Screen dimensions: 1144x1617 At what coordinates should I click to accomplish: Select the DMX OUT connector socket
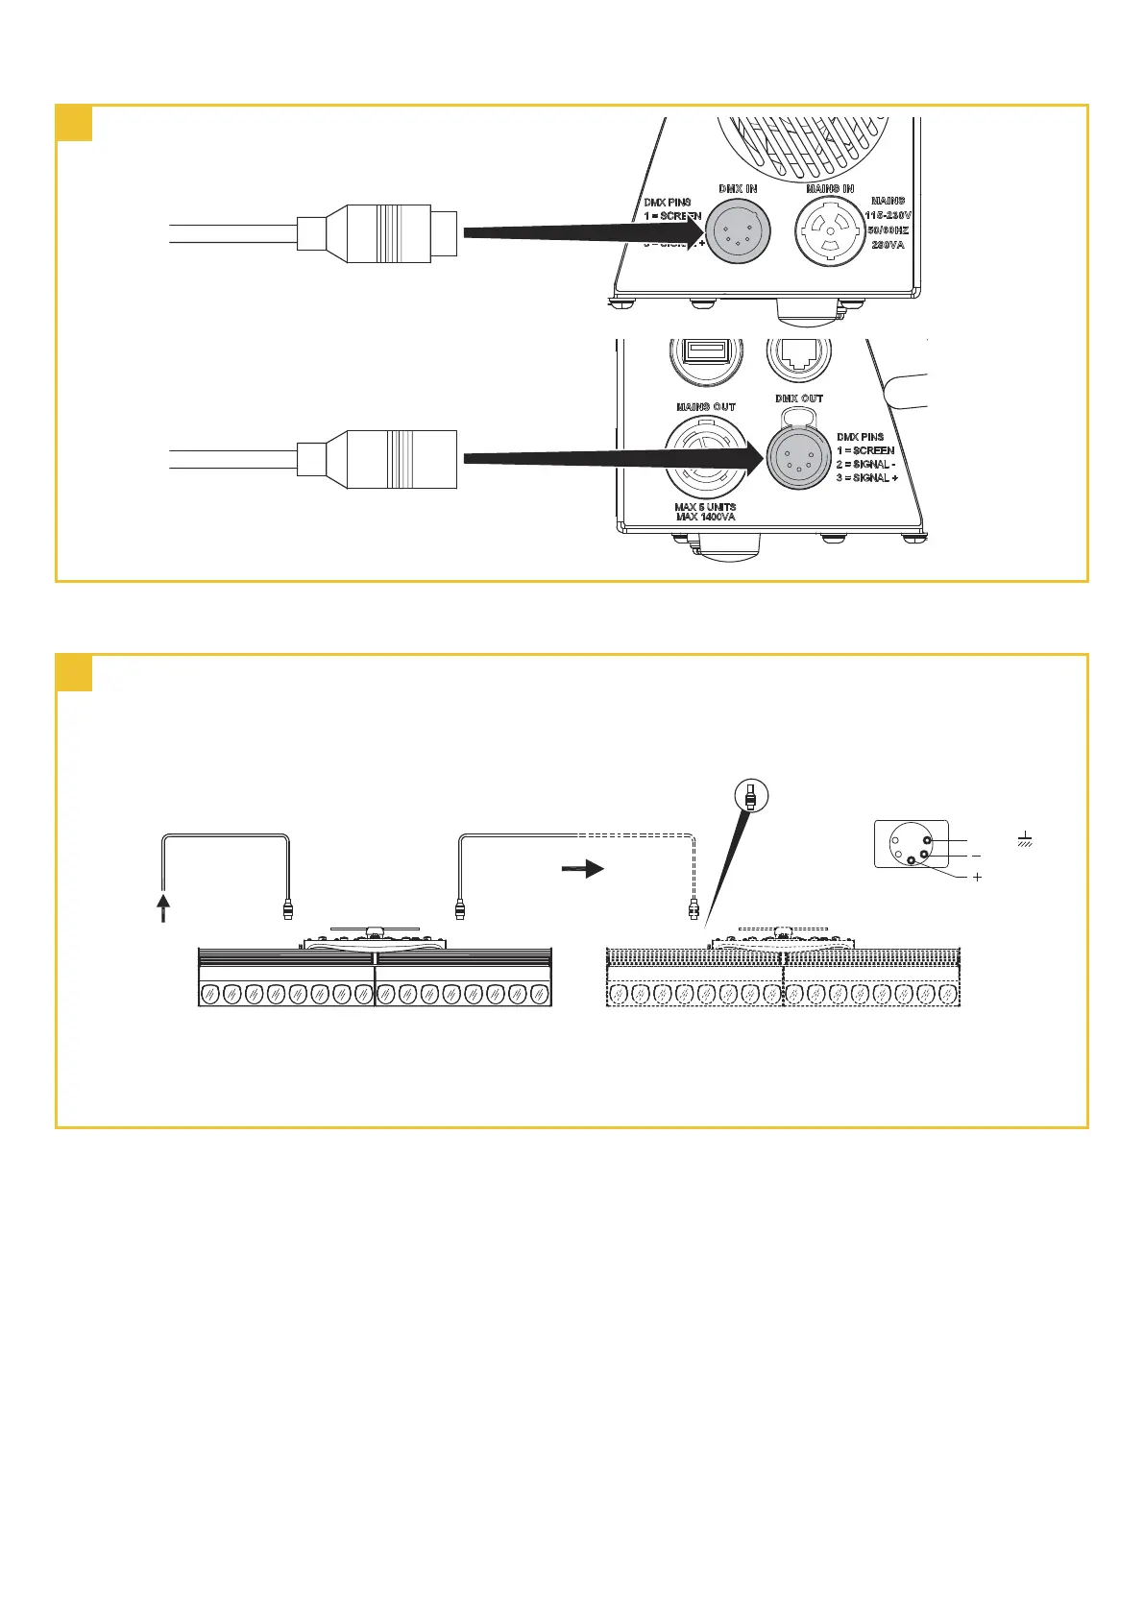[x=797, y=458]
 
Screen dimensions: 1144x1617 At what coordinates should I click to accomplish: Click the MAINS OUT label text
[x=705, y=407]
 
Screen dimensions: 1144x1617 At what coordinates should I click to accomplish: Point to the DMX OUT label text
[x=799, y=398]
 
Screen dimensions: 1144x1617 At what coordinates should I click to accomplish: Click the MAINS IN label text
[x=830, y=189]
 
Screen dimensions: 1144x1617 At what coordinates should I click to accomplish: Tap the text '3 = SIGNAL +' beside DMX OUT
[x=866, y=477]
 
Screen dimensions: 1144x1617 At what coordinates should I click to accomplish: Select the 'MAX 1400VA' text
[x=705, y=518]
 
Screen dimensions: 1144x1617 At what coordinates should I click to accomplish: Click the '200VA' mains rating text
[x=888, y=245]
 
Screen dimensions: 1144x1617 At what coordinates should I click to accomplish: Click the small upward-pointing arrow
[x=163, y=907]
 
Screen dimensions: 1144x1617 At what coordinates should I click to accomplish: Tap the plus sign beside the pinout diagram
[x=977, y=877]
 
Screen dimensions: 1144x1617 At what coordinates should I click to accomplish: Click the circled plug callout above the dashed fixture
[x=750, y=795]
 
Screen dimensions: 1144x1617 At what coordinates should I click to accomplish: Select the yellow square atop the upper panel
[x=74, y=123]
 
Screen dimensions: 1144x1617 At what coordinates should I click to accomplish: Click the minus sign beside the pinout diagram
[x=976, y=856]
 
